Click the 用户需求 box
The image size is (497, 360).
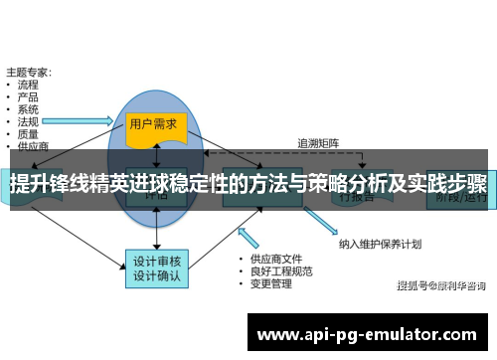point(154,124)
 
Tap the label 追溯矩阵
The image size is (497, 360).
point(318,142)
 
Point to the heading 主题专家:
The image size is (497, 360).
point(30,72)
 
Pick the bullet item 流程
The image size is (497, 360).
point(28,85)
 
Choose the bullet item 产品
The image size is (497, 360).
point(28,96)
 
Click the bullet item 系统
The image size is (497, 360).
point(28,108)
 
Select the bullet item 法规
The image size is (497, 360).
point(28,120)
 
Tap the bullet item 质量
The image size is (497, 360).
point(28,132)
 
